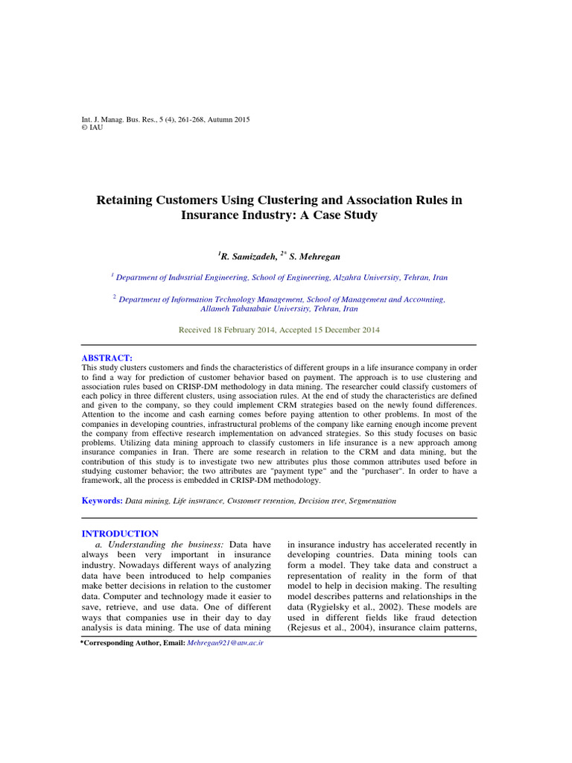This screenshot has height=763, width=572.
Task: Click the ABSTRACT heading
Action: click(x=106, y=358)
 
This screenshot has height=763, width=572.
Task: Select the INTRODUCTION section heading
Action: click(x=119, y=534)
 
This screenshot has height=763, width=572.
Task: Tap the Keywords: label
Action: click(x=102, y=501)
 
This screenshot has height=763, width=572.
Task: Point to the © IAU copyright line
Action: click(x=92, y=127)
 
